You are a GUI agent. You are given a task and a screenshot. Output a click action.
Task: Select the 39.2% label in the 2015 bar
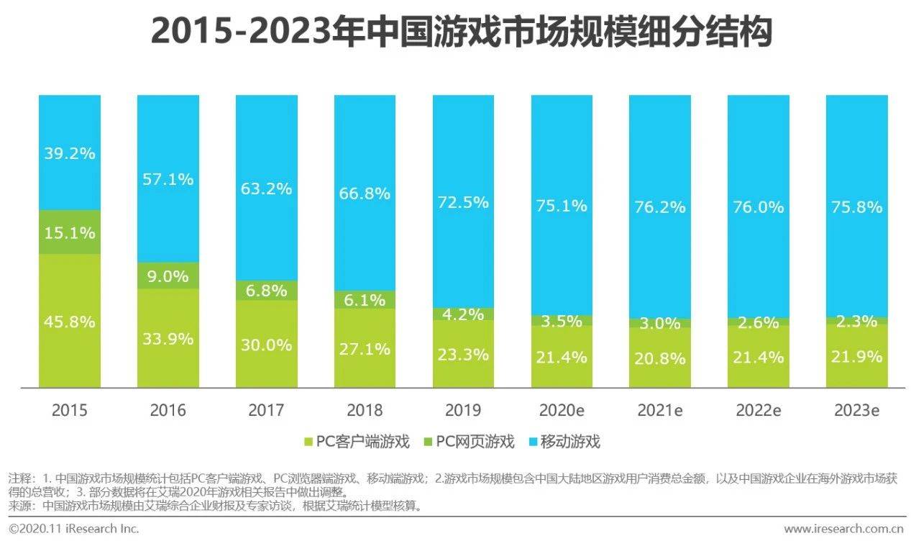(x=69, y=153)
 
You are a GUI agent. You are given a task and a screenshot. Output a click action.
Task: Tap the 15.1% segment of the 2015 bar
(x=69, y=232)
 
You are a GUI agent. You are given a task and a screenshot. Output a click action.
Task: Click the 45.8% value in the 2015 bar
(x=69, y=322)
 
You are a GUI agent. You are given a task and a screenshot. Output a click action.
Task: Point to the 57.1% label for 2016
(x=168, y=179)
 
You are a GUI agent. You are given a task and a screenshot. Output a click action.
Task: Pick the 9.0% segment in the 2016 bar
(x=168, y=276)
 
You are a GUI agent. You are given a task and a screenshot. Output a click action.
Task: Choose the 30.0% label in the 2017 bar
(x=266, y=345)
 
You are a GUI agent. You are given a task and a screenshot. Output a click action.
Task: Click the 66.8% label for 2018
(x=365, y=194)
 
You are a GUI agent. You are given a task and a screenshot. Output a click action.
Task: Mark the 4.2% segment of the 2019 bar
(x=463, y=314)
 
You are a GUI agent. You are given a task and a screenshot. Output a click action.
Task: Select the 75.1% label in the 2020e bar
(x=562, y=206)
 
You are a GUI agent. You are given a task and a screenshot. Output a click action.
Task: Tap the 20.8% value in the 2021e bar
(x=659, y=358)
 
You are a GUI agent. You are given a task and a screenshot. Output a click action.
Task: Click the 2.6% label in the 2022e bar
(x=758, y=322)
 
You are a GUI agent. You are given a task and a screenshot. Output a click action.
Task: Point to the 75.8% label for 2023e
(x=856, y=206)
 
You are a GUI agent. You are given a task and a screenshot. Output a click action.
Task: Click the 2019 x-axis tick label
(x=463, y=411)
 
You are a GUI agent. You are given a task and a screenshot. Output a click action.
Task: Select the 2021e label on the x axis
(x=659, y=411)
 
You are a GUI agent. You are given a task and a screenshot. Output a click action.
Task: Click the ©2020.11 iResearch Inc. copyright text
(x=73, y=529)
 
